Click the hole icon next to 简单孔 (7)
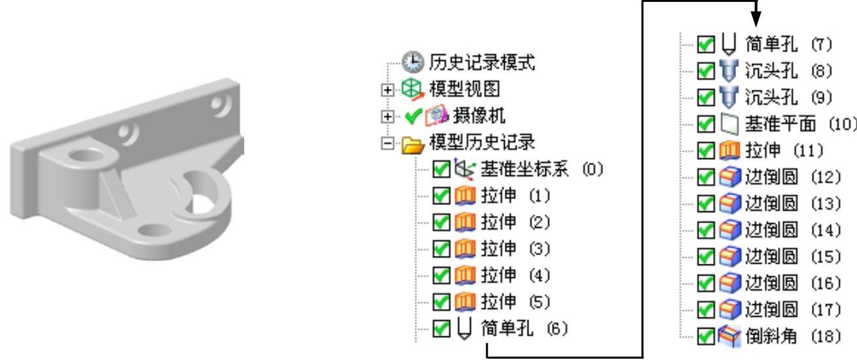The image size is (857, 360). pyautogui.click(x=720, y=45)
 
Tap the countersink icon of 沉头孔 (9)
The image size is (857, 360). pyautogui.click(x=720, y=98)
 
